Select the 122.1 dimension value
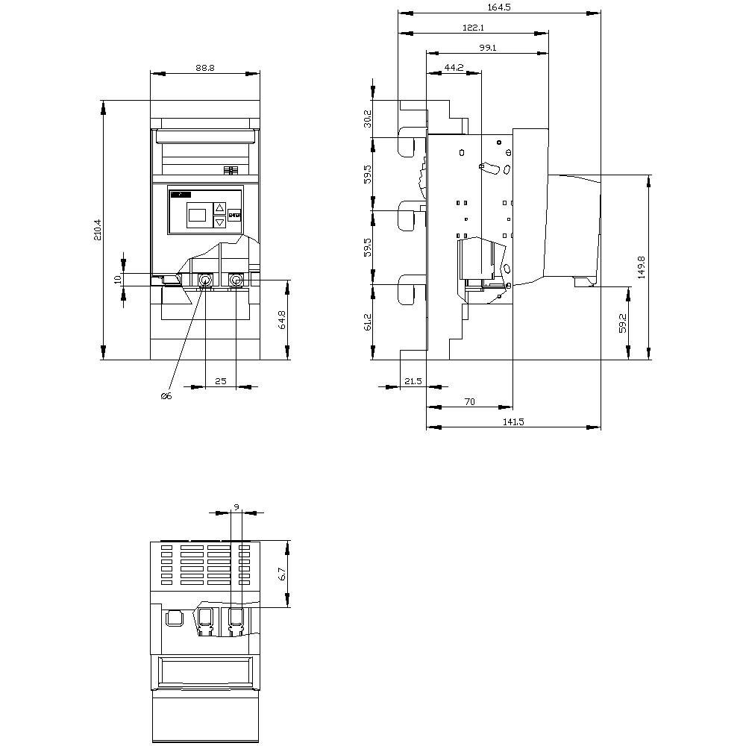coord(474,28)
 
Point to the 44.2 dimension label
coord(454,67)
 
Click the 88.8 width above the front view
coord(205,67)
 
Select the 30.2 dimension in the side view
coord(366,119)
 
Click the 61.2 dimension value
coord(366,322)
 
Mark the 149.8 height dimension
coord(642,267)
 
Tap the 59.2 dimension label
coord(622,322)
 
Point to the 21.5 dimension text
coord(413,381)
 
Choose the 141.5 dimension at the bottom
coord(513,421)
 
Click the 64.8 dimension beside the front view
coord(283,320)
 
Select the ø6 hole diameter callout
coord(166,396)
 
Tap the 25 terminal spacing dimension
coord(220,381)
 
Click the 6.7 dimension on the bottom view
coord(282,574)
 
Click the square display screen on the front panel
coord(197,215)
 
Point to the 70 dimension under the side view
coord(469,401)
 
